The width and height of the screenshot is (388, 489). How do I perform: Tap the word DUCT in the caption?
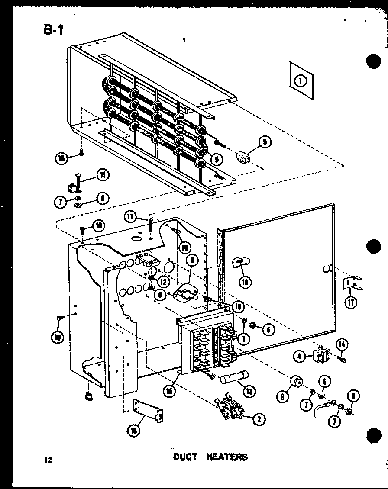tap(185, 457)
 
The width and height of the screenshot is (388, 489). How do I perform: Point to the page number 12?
tap(47, 460)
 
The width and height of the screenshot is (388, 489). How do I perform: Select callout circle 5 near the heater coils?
tap(217, 159)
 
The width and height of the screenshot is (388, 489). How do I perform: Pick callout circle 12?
tap(164, 281)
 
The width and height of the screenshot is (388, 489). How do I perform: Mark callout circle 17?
tap(351, 302)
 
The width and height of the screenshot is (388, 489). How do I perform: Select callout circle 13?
tap(249, 391)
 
